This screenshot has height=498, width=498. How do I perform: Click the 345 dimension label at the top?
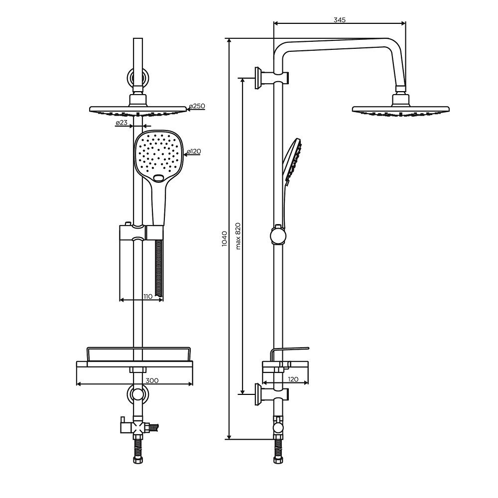339,20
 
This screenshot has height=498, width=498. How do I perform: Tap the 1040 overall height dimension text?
224,239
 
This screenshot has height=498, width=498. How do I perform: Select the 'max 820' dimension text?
238,236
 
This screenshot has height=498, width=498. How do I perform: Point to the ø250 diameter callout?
197,106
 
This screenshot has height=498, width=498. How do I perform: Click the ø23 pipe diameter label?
122,123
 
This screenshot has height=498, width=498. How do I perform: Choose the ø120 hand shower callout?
194,151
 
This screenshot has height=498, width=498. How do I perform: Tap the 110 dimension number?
148,297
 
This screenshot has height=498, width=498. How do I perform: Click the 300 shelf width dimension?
152,380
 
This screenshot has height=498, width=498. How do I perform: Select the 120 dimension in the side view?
293,379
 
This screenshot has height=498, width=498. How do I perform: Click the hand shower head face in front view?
159,155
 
